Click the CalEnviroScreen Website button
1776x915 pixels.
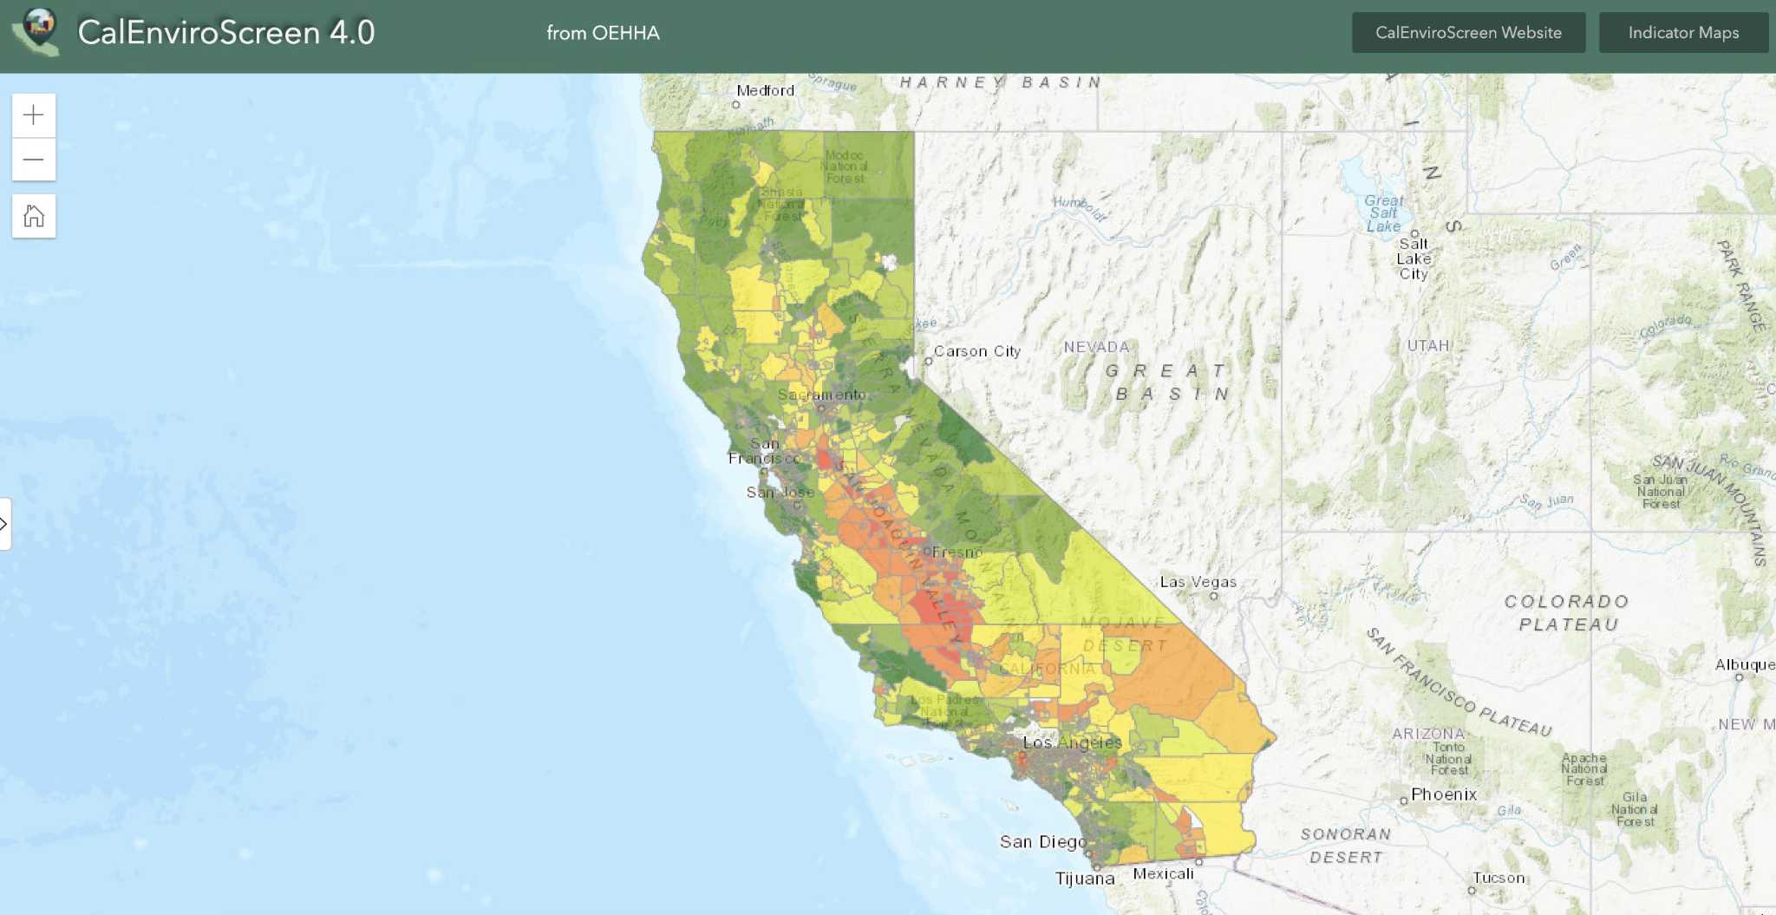coord(1468,33)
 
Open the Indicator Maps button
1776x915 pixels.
coord(1682,33)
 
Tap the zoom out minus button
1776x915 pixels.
coord(34,160)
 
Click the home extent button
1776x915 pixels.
coord(34,216)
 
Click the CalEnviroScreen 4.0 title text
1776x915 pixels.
coord(226,33)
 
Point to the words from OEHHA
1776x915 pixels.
coord(603,33)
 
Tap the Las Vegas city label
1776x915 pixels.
coord(1198,582)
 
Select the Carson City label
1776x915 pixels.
coord(976,351)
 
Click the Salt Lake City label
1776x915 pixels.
coord(1414,258)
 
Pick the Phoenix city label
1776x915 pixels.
coord(1443,794)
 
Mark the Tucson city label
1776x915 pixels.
coord(1498,878)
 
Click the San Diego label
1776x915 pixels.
coord(1042,841)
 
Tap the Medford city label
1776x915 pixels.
coord(765,90)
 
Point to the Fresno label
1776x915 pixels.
coord(957,552)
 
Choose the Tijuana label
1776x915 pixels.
coord(1084,879)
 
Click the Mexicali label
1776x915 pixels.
coord(1163,873)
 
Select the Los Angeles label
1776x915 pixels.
coord(1072,742)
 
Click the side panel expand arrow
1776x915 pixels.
coord(4,524)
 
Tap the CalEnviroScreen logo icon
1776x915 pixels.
coord(36,32)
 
